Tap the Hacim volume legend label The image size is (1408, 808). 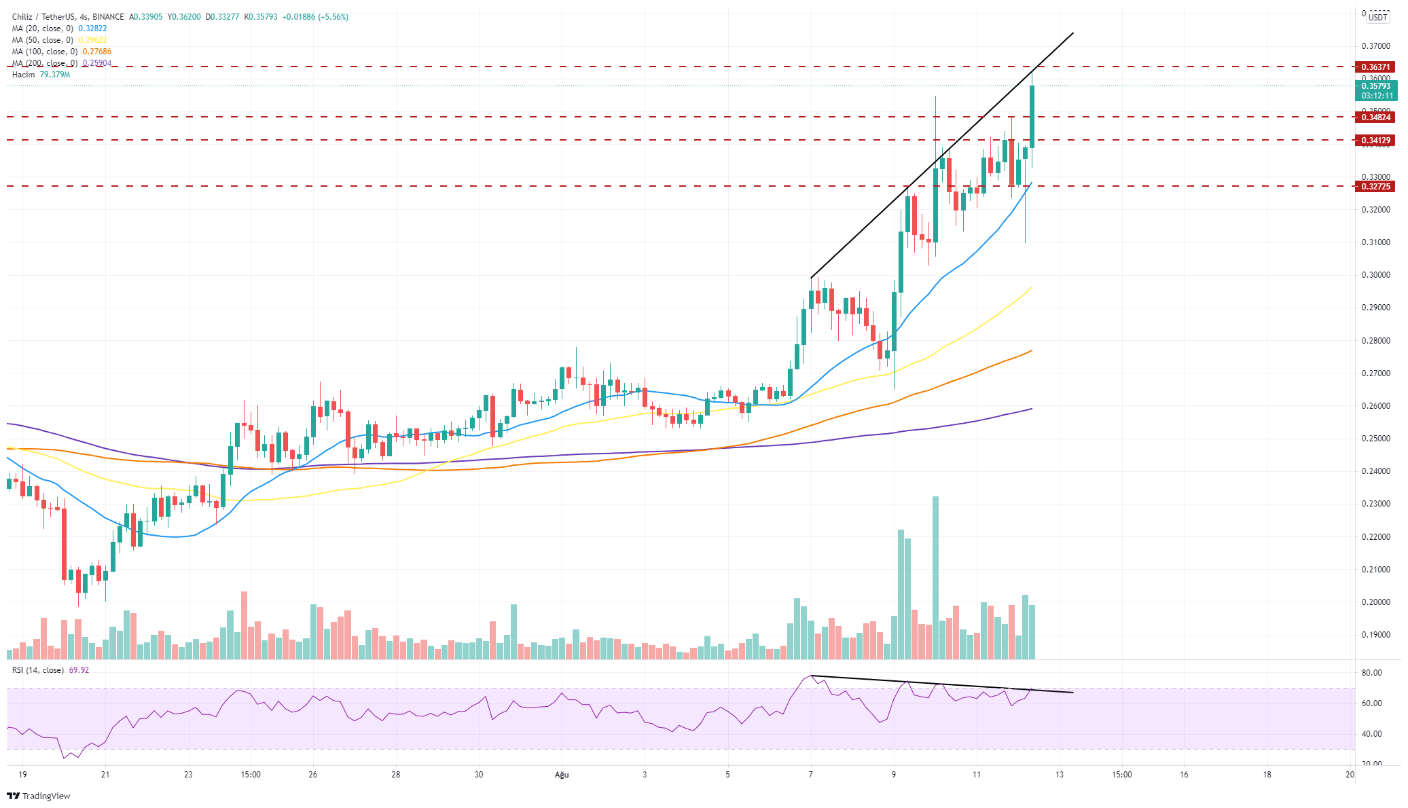coord(23,75)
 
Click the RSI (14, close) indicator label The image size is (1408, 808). coord(38,670)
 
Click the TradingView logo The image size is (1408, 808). coord(39,796)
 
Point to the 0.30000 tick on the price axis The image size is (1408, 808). coord(1375,275)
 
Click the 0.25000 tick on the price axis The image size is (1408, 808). coord(1375,439)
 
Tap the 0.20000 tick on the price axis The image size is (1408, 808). coord(1375,602)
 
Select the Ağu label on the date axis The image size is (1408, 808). coord(561,775)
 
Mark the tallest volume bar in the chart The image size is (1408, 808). coord(936,577)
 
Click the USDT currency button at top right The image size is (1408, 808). coord(1377,18)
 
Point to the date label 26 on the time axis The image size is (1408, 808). coord(312,775)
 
